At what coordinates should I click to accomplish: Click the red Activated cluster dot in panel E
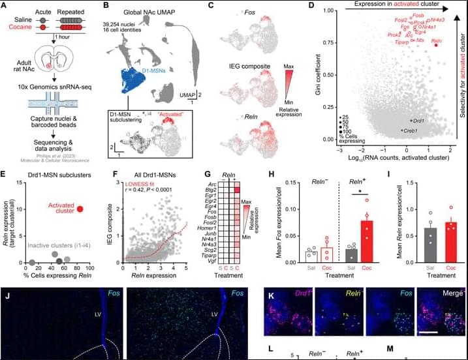80,209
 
